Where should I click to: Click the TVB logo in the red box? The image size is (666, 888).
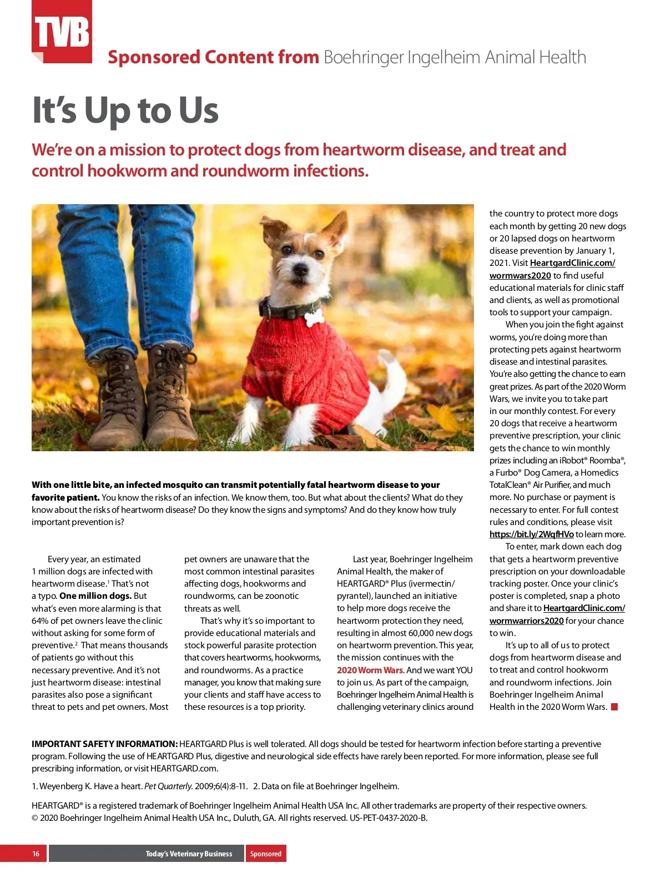coord(62,32)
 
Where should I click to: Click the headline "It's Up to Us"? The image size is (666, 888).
coord(125,110)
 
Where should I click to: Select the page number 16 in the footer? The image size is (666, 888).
coord(36,854)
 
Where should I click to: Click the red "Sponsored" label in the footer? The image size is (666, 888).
coord(266,854)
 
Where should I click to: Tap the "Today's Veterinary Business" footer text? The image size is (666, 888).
coord(189,854)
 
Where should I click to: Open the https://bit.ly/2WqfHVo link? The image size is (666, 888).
coord(531,534)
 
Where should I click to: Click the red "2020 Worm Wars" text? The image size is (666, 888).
coord(370,670)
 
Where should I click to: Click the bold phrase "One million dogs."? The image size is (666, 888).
coord(95,596)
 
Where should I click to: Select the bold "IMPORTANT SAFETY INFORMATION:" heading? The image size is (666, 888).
coord(104,744)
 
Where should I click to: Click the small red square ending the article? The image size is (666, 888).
coord(614,707)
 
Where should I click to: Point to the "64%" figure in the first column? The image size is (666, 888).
coord(41,620)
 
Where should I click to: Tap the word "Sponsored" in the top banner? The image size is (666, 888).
coord(154,57)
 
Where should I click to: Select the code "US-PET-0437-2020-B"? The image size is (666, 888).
coord(388,818)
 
